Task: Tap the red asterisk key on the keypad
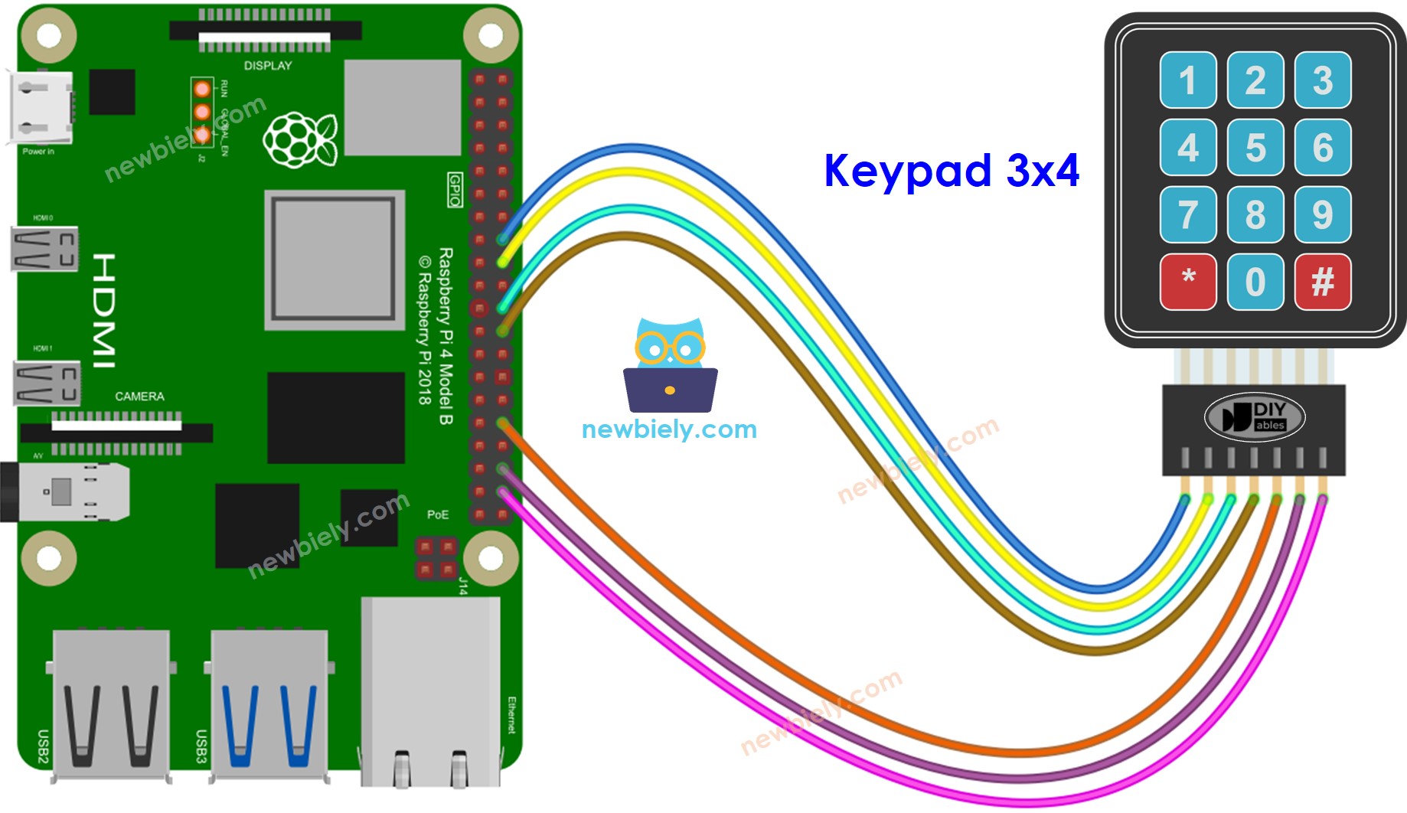[1187, 282]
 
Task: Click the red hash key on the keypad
[1322, 282]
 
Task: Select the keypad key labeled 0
[1255, 282]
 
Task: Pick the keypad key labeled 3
[1322, 80]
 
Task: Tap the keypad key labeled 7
[1187, 214]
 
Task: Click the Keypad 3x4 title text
[951, 170]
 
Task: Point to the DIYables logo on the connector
[1254, 417]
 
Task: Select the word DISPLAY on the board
[267, 66]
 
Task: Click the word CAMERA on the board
[139, 397]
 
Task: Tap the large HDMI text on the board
[105, 310]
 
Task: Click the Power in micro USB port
[41, 108]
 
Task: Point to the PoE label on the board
[437, 514]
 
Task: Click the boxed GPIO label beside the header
[455, 190]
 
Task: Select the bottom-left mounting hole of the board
[48, 557]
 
